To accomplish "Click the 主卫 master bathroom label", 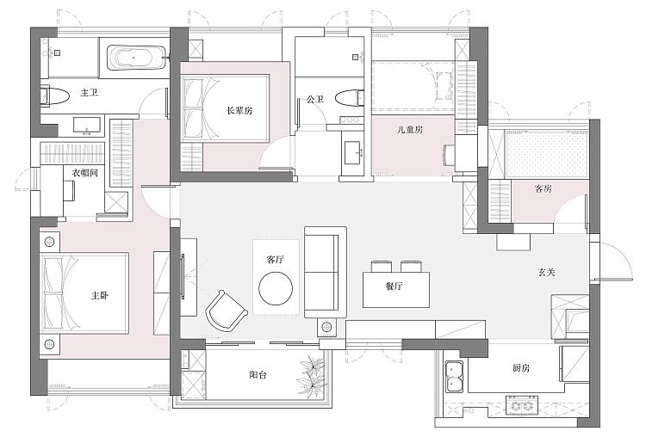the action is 89,93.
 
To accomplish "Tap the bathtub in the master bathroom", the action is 135,58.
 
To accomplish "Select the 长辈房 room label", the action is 239,110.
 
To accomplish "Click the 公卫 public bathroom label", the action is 314,99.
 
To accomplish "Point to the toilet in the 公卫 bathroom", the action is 350,98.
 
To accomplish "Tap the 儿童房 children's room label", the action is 409,130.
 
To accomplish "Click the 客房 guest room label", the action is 543,188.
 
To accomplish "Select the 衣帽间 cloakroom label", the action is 85,173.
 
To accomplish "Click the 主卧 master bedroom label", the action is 100,295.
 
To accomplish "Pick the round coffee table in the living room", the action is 276,288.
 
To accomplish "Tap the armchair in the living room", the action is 227,310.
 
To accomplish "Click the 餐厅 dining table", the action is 396,290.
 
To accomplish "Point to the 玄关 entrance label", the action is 547,272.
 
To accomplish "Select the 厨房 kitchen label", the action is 521,368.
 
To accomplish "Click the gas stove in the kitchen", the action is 522,405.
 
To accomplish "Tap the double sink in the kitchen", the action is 455,376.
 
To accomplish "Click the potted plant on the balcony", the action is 313,377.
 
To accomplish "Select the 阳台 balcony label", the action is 258,375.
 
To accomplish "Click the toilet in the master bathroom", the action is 54,97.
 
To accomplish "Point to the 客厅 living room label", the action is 276,259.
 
